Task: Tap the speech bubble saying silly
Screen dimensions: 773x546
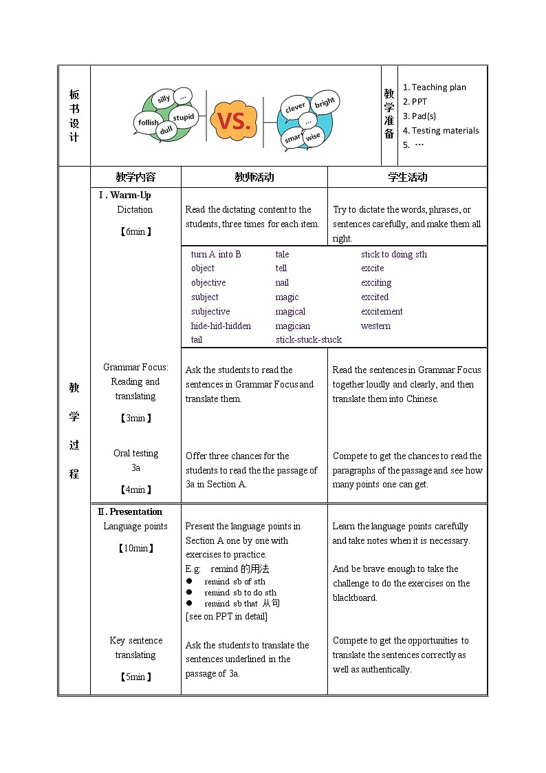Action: pyautogui.click(x=164, y=98)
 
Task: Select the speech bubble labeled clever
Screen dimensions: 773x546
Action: pyautogui.click(x=295, y=107)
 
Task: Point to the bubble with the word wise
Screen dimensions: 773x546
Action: pyautogui.click(x=313, y=136)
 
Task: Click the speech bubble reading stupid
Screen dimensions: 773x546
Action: pyautogui.click(x=184, y=117)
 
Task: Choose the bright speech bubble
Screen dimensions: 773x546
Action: pyautogui.click(x=325, y=102)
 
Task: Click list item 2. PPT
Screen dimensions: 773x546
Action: pyautogui.click(x=415, y=101)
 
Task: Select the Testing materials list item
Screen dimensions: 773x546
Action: pyautogui.click(x=441, y=130)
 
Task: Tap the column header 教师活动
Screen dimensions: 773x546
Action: pyautogui.click(x=254, y=177)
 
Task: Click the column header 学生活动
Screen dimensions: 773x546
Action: pyautogui.click(x=407, y=177)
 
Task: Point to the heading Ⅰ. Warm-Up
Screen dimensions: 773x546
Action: pyautogui.click(x=124, y=195)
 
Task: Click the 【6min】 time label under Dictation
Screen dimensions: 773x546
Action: pyautogui.click(x=135, y=231)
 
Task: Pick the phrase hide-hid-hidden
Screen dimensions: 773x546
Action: pyautogui.click(x=221, y=326)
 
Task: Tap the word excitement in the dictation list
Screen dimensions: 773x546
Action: pyautogui.click(x=382, y=311)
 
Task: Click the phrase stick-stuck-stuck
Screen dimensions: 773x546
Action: pyautogui.click(x=309, y=339)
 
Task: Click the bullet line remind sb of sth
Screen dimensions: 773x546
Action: pyautogui.click(x=234, y=582)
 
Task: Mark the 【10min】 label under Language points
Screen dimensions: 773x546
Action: pyautogui.click(x=135, y=548)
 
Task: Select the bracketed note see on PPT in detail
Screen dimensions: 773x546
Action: pyautogui.click(x=226, y=616)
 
